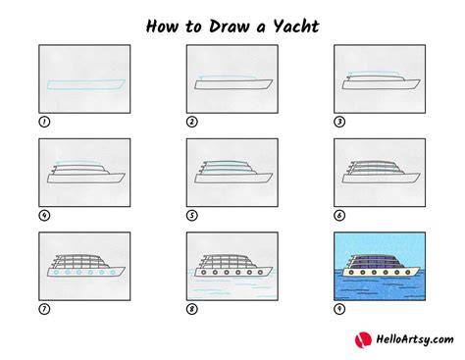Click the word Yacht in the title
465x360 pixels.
(296, 26)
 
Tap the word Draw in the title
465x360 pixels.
(229, 26)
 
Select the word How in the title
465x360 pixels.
(162, 26)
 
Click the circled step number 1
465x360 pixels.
(44, 122)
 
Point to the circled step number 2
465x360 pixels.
(192, 122)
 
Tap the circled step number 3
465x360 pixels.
(339, 122)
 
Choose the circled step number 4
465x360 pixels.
(44, 216)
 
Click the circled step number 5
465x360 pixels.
(192, 216)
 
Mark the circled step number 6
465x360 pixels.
(339, 216)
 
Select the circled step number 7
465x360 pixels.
(44, 309)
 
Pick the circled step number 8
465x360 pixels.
(192, 309)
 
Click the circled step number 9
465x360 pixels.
(339, 309)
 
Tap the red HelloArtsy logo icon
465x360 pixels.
(363, 339)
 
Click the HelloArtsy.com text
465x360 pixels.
(415, 339)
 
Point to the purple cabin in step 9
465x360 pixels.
(376, 261)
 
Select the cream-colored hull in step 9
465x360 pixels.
(382, 272)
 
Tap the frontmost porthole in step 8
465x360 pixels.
(261, 272)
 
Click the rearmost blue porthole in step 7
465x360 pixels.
(56, 272)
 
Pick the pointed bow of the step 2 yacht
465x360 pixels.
(273, 80)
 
